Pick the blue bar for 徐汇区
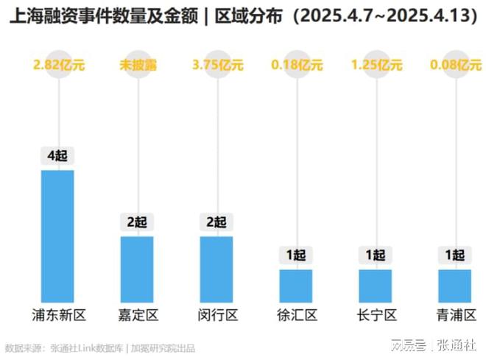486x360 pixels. (296, 285)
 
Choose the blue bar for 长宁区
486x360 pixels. (376, 285)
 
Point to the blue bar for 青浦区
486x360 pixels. (454, 285)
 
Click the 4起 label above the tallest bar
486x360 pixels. (57, 156)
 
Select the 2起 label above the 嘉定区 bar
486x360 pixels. (137, 222)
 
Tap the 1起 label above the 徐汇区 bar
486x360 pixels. (296, 255)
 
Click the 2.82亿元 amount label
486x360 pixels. (58, 65)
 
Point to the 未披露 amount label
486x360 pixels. (137, 65)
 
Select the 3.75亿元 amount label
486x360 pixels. (216, 65)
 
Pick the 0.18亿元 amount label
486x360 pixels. (296, 65)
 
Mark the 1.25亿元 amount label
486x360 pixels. (376, 65)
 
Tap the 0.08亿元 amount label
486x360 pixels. (454, 65)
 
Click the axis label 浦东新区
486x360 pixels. (58, 316)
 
